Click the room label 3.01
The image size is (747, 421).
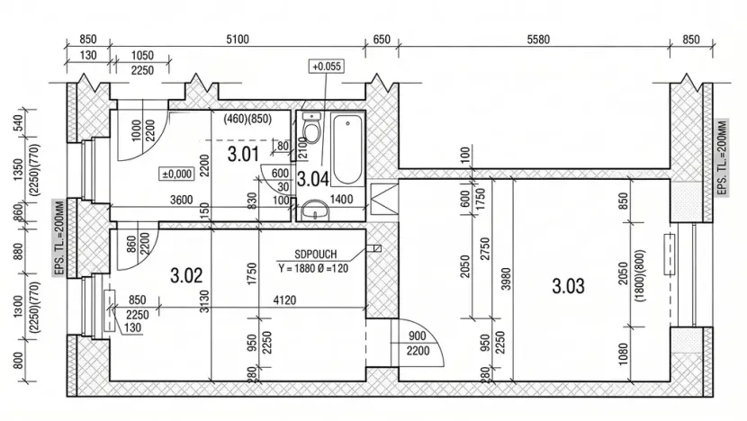pyautogui.click(x=243, y=155)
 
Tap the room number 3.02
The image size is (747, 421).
pyautogui.click(x=186, y=275)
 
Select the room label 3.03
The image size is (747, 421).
pyautogui.click(x=568, y=286)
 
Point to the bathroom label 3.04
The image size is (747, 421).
pyautogui.click(x=313, y=179)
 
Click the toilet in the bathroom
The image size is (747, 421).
pyautogui.click(x=311, y=128)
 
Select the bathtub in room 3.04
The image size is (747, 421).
pyautogui.click(x=347, y=149)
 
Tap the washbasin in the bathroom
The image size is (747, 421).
pyautogui.click(x=314, y=210)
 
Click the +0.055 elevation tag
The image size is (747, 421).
pyautogui.click(x=327, y=67)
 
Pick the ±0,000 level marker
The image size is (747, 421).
pyautogui.click(x=176, y=174)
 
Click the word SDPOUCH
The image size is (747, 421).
pyautogui.click(x=315, y=255)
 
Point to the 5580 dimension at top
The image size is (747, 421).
pyautogui.click(x=538, y=39)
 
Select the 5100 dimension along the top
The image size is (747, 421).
pyautogui.click(x=238, y=39)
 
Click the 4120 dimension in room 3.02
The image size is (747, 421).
pyautogui.click(x=284, y=300)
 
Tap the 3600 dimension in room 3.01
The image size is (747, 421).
pyautogui.click(x=182, y=200)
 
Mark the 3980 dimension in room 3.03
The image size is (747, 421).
pyautogui.click(x=506, y=279)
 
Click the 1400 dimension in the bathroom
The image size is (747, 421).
pyautogui.click(x=342, y=199)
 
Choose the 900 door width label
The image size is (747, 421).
pyautogui.click(x=418, y=336)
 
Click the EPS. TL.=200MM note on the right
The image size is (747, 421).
pyautogui.click(x=722, y=157)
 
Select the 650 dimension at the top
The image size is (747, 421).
pyautogui.click(x=382, y=39)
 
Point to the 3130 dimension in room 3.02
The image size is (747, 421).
pyautogui.click(x=205, y=301)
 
